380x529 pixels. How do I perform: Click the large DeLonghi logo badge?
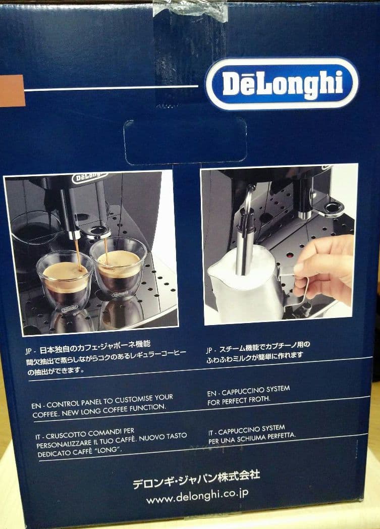(x=282, y=84)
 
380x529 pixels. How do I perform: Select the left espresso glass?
(x=65, y=280)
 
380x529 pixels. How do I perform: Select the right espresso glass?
(x=118, y=268)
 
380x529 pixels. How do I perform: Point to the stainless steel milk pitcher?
(x=242, y=285)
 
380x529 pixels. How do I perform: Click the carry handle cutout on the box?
(x=185, y=141)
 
